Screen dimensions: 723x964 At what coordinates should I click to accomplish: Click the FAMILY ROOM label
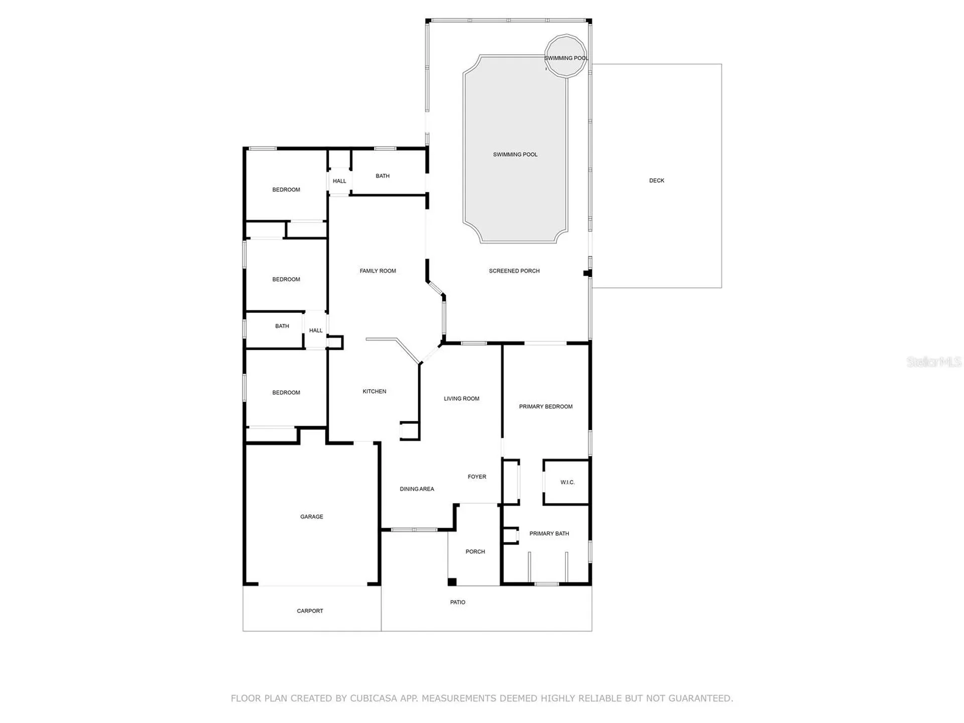pos(378,271)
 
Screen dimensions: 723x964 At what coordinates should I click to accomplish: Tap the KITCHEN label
pos(375,392)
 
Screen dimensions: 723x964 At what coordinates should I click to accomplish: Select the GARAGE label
pos(311,517)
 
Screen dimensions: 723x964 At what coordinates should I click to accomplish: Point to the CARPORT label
pos(310,611)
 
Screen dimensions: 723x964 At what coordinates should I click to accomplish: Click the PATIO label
pos(457,602)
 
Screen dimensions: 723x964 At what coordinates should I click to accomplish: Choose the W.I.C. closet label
pos(567,483)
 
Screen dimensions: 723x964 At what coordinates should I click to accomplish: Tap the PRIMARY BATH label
pos(549,534)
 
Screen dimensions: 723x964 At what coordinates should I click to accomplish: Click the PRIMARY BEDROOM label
pos(545,407)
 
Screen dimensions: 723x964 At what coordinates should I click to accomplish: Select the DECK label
pos(656,181)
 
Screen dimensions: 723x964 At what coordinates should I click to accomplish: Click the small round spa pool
pos(566,56)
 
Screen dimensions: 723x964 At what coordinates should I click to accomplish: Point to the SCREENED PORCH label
pos(514,271)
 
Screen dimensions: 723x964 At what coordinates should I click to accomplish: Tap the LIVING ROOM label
pos(461,399)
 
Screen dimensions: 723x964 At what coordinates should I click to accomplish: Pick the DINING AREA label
pos(417,489)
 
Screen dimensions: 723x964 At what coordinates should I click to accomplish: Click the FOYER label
pos(476,477)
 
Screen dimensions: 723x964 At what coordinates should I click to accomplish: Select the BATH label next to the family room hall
pos(382,176)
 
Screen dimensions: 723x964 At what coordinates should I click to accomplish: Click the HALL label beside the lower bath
pos(315,330)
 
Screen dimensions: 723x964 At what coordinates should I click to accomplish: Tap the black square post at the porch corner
pos(452,582)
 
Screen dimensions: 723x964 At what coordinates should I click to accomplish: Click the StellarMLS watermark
pos(933,361)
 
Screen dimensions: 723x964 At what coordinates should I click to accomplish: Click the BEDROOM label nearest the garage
pos(286,393)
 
